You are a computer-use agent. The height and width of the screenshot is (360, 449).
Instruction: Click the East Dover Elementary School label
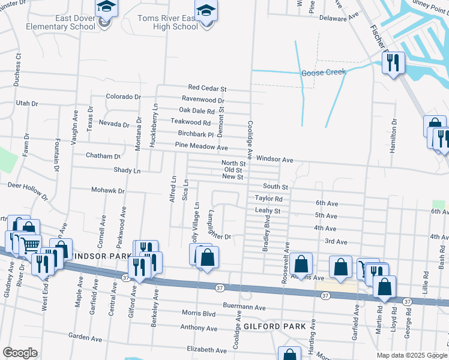[x=76, y=22]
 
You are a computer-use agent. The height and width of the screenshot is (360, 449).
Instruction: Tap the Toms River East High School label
[x=167, y=22]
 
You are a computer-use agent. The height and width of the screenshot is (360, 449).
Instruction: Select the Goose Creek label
[x=325, y=72]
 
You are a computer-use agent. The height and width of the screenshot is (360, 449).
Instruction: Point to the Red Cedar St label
[x=206, y=88]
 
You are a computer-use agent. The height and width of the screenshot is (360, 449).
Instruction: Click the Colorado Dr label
[x=123, y=96]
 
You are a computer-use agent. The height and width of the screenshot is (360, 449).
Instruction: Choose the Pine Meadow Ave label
[x=201, y=146]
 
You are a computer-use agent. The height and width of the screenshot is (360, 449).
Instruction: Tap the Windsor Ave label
[x=274, y=160]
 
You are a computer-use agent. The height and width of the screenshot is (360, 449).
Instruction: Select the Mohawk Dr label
[x=107, y=191]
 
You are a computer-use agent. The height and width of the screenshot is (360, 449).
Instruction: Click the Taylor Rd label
[x=268, y=199]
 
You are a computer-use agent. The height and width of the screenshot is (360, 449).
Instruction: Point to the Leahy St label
[x=268, y=211]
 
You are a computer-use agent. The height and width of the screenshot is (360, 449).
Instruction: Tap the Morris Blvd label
[x=198, y=313]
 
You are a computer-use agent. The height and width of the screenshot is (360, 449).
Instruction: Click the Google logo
[x=20, y=353]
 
